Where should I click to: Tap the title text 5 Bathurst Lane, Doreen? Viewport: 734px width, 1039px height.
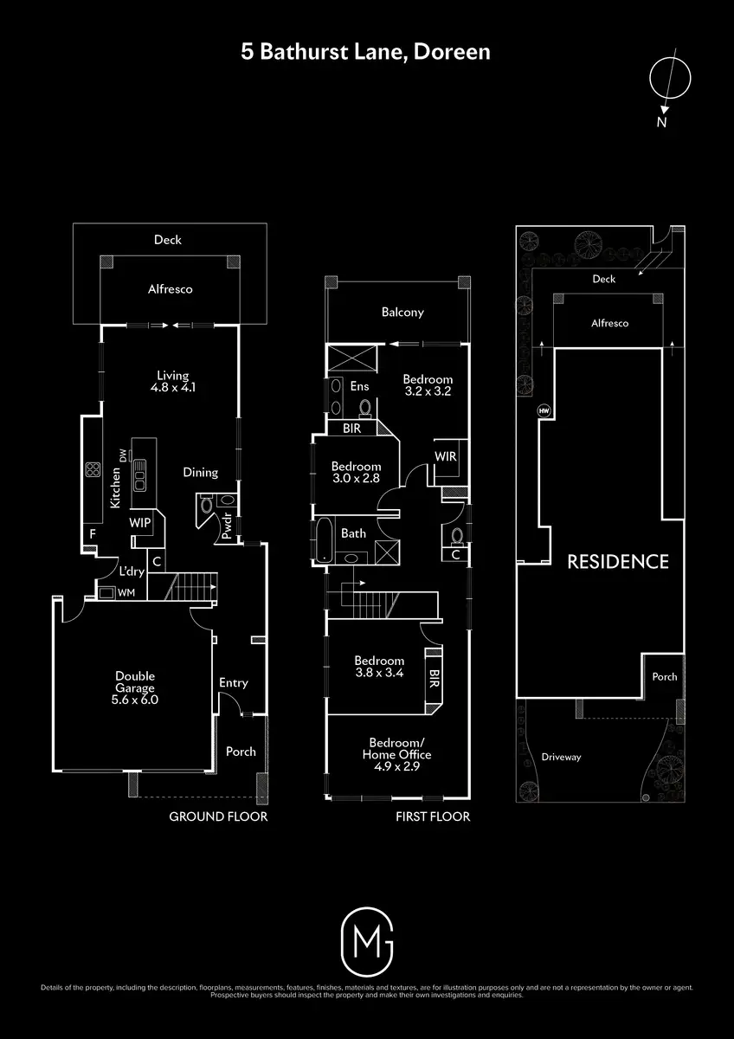click(x=365, y=52)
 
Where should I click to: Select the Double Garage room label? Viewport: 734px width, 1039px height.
click(x=137, y=687)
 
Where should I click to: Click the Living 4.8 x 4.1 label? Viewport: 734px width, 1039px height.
click(x=172, y=382)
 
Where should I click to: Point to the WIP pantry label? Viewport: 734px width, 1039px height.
click(x=140, y=523)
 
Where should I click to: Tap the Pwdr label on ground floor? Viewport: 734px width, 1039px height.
click(x=226, y=531)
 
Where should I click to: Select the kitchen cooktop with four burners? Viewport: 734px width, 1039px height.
click(x=92, y=470)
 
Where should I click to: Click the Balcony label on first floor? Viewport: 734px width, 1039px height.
click(x=402, y=313)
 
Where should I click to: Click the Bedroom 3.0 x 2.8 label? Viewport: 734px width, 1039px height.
click(x=356, y=473)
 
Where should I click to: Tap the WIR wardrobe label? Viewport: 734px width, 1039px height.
click(x=446, y=456)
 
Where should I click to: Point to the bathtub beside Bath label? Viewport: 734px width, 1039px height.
click(x=322, y=539)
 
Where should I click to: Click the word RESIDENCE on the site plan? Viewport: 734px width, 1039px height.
click(x=617, y=561)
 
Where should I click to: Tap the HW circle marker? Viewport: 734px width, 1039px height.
click(x=544, y=410)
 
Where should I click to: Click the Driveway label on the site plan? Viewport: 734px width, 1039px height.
click(x=561, y=757)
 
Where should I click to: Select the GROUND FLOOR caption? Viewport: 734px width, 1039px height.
click(x=217, y=816)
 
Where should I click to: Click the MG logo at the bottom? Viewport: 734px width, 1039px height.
click(x=367, y=940)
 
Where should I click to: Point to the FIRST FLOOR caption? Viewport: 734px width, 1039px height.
click(x=432, y=816)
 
